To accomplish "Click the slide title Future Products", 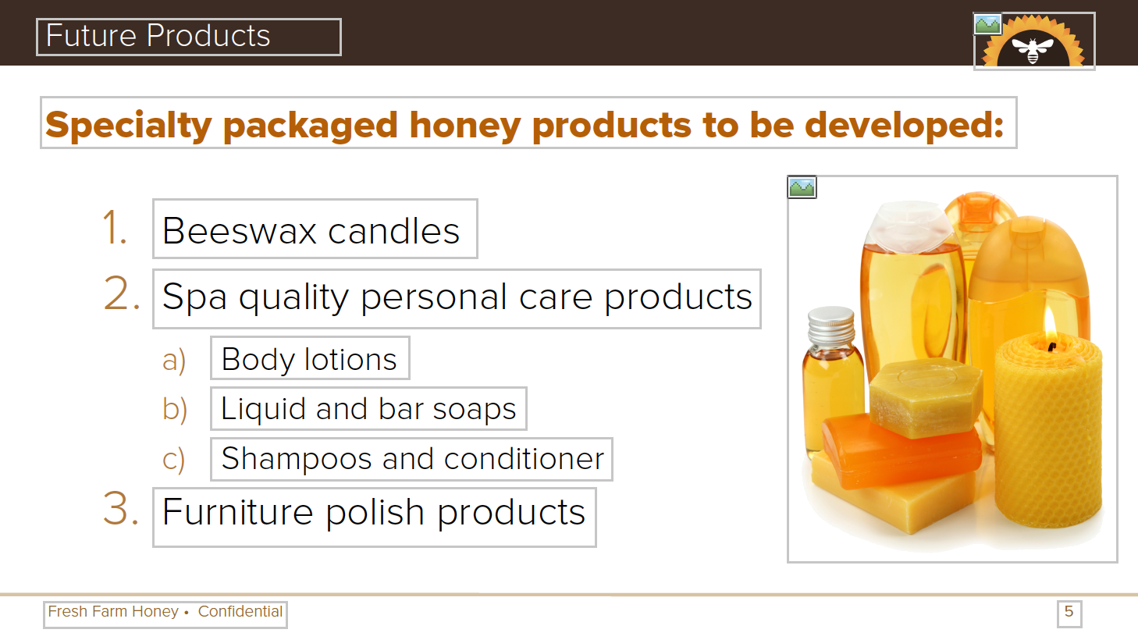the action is click(158, 36).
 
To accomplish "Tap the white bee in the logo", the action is click(1033, 50).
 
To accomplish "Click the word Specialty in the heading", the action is click(129, 125).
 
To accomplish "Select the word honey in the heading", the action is click(465, 126).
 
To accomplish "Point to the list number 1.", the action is click(114, 228).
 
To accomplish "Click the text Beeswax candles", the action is click(311, 231).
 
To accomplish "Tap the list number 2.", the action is click(122, 293).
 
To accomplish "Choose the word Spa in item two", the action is click(194, 297).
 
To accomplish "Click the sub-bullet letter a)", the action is click(174, 360).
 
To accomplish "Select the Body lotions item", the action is click(309, 360).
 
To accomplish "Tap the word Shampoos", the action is click(296, 459).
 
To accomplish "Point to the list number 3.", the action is click(121, 508).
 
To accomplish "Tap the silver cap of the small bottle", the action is click(831, 325).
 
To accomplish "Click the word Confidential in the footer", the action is click(240, 611).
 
